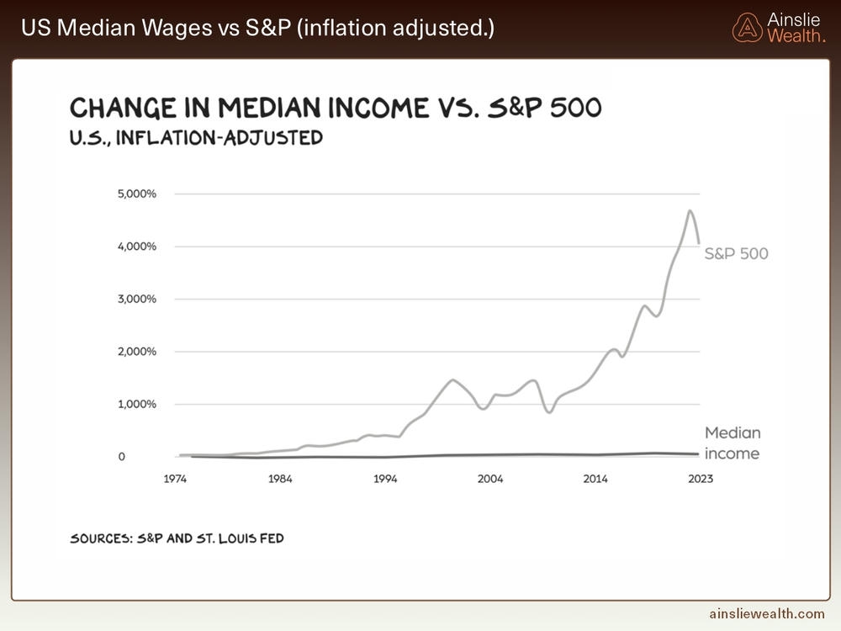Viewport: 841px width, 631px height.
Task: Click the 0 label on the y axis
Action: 122,457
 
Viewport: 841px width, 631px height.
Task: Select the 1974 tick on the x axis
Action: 176,479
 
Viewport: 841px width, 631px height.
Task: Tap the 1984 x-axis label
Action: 280,479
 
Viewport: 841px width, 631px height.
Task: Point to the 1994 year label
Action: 385,479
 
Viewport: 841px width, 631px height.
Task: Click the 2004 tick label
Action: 490,479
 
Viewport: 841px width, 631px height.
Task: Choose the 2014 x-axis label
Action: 595,479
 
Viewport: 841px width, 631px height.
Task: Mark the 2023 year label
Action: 699,479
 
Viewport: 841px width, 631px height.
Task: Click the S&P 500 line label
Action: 736,253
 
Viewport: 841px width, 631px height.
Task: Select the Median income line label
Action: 732,443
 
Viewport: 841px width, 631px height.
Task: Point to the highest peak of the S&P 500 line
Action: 690,211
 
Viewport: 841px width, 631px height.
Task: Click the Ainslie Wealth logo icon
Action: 747,27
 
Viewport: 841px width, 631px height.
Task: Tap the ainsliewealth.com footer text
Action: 767,615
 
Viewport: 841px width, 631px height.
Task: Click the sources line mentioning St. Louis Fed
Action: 176,538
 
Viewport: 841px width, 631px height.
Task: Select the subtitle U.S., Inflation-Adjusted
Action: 196,137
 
